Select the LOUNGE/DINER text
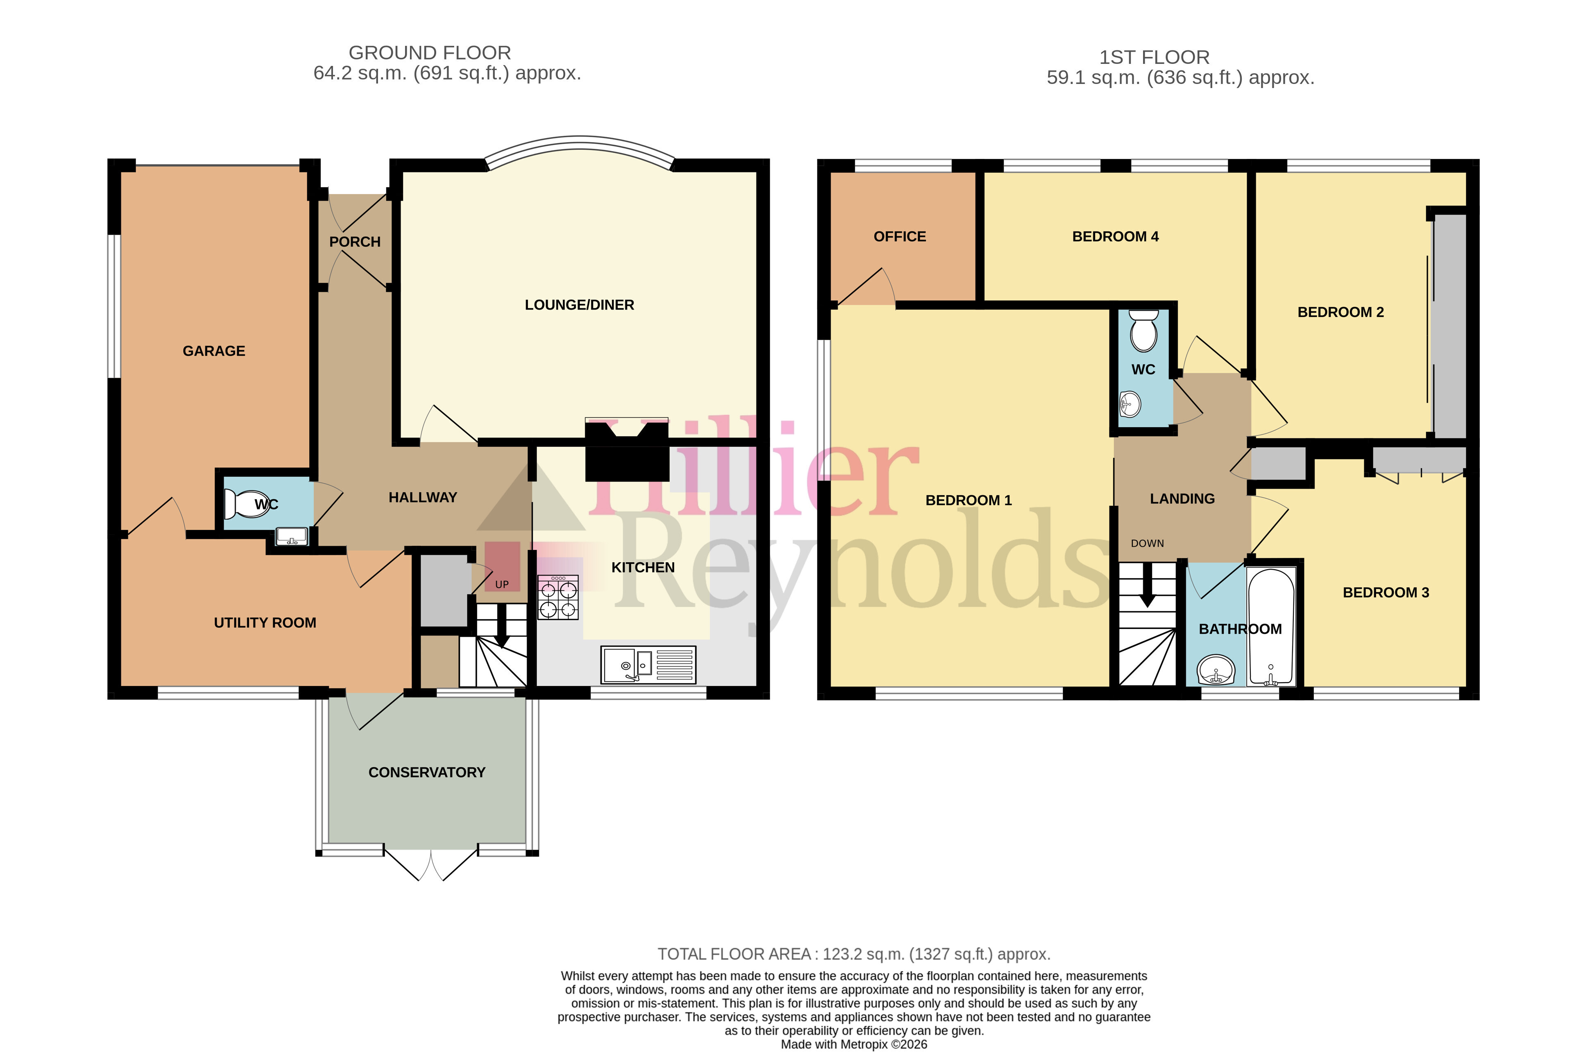click(579, 305)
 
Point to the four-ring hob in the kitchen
click(558, 597)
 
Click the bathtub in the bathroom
click(1270, 627)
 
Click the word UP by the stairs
click(502, 584)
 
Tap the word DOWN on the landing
click(1148, 543)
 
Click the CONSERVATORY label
click(427, 772)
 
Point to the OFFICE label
click(899, 236)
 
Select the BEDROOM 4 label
click(1115, 236)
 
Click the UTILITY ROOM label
click(265, 622)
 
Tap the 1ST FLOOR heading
click(1154, 57)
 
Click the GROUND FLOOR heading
click(430, 52)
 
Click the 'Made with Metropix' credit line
click(853, 1044)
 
